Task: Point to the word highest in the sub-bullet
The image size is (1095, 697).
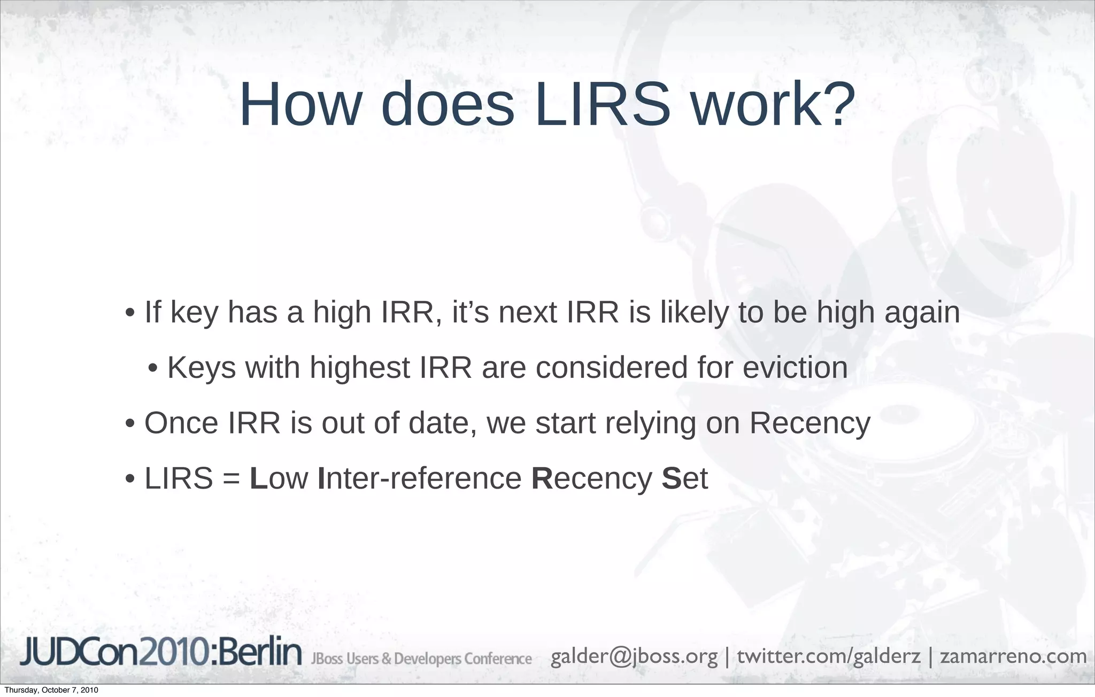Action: pyautogui.click(x=359, y=368)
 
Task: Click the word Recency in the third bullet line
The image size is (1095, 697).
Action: pyautogui.click(x=810, y=423)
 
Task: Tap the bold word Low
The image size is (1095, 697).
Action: pyautogui.click(x=279, y=478)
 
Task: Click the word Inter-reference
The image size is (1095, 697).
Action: pyautogui.click(x=420, y=478)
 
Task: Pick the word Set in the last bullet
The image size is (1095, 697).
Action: pyautogui.click(x=685, y=478)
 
